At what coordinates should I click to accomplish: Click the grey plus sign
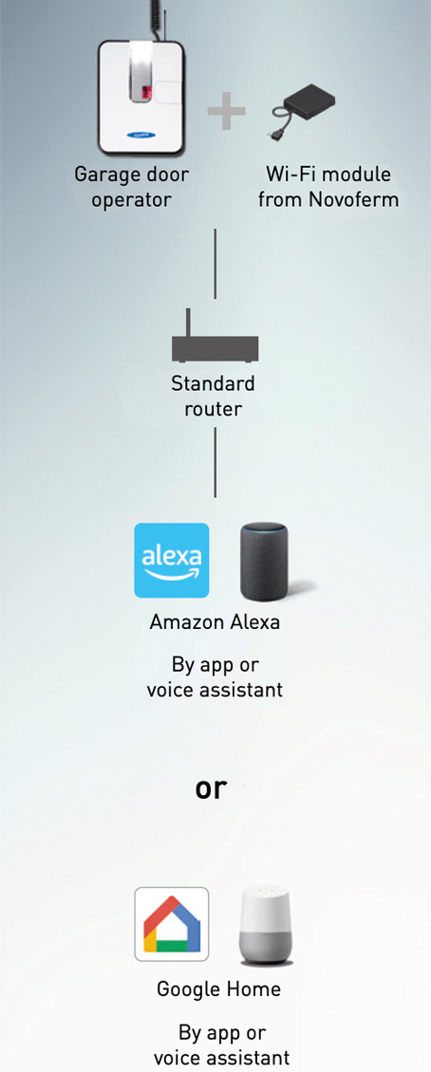[226, 112]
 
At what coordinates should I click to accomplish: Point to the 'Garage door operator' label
[131, 187]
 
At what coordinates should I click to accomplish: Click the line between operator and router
[215, 264]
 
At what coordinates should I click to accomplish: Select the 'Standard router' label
[213, 396]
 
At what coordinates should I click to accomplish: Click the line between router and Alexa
[215, 462]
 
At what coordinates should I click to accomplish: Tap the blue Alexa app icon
[172, 561]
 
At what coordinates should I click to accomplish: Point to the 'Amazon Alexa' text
[215, 623]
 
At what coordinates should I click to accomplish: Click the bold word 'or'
[210, 788]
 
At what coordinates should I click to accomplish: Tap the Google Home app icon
[172, 924]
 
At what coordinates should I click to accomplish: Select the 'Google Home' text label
[219, 989]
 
